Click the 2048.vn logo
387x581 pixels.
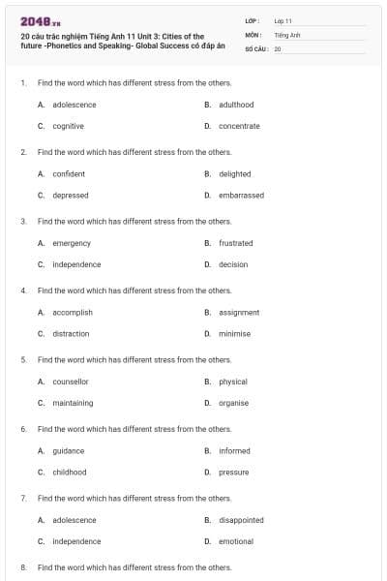coord(35,20)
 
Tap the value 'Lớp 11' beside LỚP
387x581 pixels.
coord(283,20)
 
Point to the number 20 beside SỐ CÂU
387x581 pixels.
coord(278,47)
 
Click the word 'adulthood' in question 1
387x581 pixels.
coord(236,105)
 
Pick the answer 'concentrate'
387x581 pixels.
coord(239,126)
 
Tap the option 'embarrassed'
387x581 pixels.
coord(241,195)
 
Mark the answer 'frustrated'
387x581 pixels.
coord(235,243)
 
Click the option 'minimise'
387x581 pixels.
coord(234,333)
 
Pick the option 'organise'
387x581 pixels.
coord(233,403)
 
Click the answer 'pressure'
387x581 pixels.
coord(233,472)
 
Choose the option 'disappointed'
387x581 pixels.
coord(241,520)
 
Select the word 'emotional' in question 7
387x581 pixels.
coord(236,541)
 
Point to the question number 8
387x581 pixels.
coord(22,566)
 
